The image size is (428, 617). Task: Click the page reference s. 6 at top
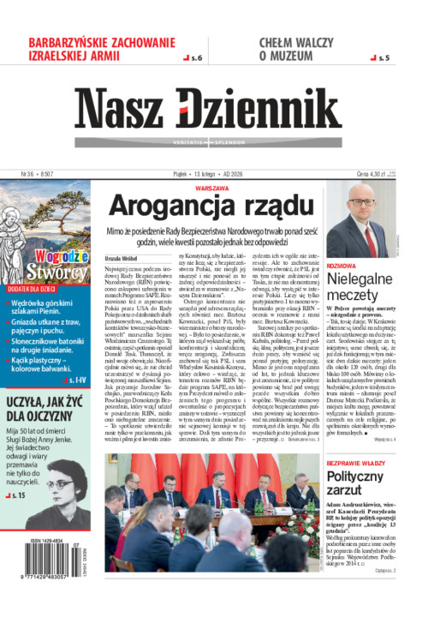pyautogui.click(x=194, y=58)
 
